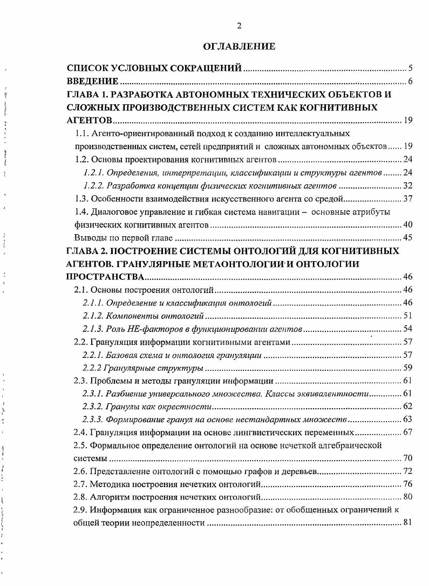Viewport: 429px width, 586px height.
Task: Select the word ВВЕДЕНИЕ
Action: coord(92,82)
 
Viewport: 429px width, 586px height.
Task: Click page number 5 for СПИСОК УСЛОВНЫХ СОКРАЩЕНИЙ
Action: coord(410,69)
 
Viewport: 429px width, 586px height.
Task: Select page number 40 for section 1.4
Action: coord(407,225)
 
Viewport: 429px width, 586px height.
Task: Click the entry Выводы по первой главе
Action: coord(123,238)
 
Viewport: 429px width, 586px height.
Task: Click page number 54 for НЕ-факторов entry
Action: coord(407,329)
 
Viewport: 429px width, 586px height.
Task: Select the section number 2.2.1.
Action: coord(94,355)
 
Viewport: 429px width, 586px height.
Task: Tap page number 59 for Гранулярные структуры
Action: coord(407,368)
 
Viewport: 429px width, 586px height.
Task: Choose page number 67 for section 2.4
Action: coord(407,433)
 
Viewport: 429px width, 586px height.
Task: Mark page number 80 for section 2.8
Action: coord(407,497)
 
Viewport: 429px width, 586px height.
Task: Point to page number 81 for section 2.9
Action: coord(407,523)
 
